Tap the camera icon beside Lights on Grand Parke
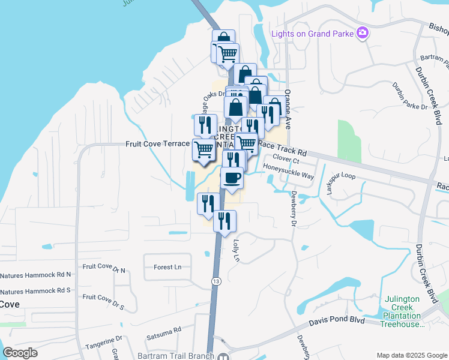point(362,33)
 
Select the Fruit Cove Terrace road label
point(157,144)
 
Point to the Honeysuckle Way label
point(289,176)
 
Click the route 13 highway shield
point(216,281)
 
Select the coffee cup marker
point(232,178)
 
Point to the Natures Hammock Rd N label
point(35,275)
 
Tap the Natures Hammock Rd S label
point(35,290)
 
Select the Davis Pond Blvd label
point(337,321)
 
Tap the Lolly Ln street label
point(236,252)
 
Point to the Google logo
point(20,352)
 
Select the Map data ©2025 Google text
point(411,355)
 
